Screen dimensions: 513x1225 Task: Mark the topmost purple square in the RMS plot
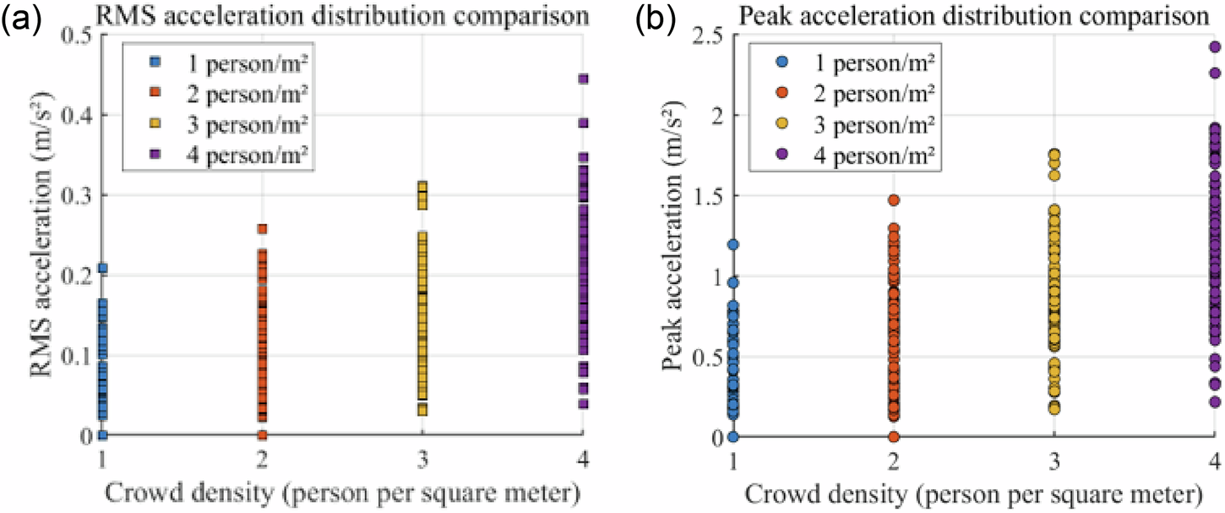(x=582, y=79)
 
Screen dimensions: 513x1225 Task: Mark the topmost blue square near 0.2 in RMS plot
(x=102, y=269)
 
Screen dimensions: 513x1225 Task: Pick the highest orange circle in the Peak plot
(x=893, y=200)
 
